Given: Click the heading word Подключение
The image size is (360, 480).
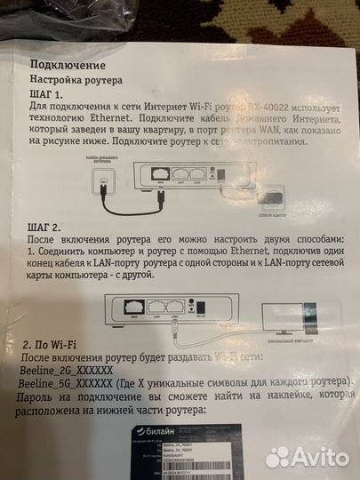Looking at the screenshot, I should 68,65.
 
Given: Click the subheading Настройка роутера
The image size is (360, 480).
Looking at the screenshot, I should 84,80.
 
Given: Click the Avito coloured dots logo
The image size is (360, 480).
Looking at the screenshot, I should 278,456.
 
